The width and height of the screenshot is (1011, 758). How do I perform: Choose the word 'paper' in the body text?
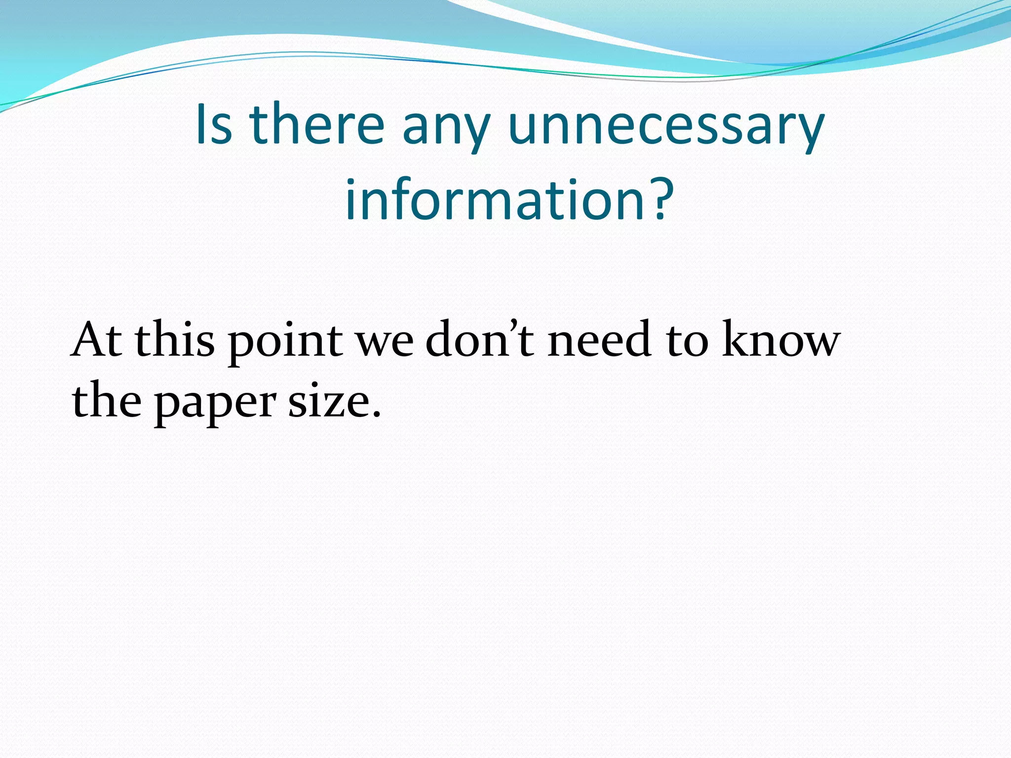(x=215, y=403)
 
